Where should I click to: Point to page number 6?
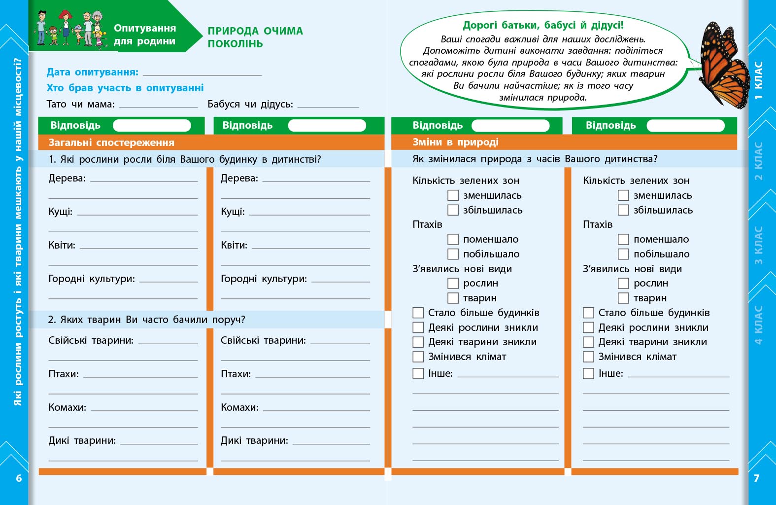19,478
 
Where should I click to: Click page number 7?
756,478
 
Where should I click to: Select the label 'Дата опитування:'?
93,72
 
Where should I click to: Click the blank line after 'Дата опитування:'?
202,74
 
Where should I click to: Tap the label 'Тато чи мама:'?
80,104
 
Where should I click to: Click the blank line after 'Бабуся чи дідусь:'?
328,106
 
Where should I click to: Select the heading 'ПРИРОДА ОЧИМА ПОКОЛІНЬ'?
255,37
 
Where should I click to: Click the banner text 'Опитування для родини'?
144,35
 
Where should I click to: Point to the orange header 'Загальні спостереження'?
111,143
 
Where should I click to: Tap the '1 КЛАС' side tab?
759,80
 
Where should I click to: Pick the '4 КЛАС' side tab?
759,324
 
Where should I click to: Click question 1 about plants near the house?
185,159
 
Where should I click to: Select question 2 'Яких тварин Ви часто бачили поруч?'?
147,320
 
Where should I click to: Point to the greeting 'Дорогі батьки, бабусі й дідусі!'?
543,25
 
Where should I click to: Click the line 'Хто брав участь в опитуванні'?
125,88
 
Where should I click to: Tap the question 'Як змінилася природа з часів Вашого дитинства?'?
535,159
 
